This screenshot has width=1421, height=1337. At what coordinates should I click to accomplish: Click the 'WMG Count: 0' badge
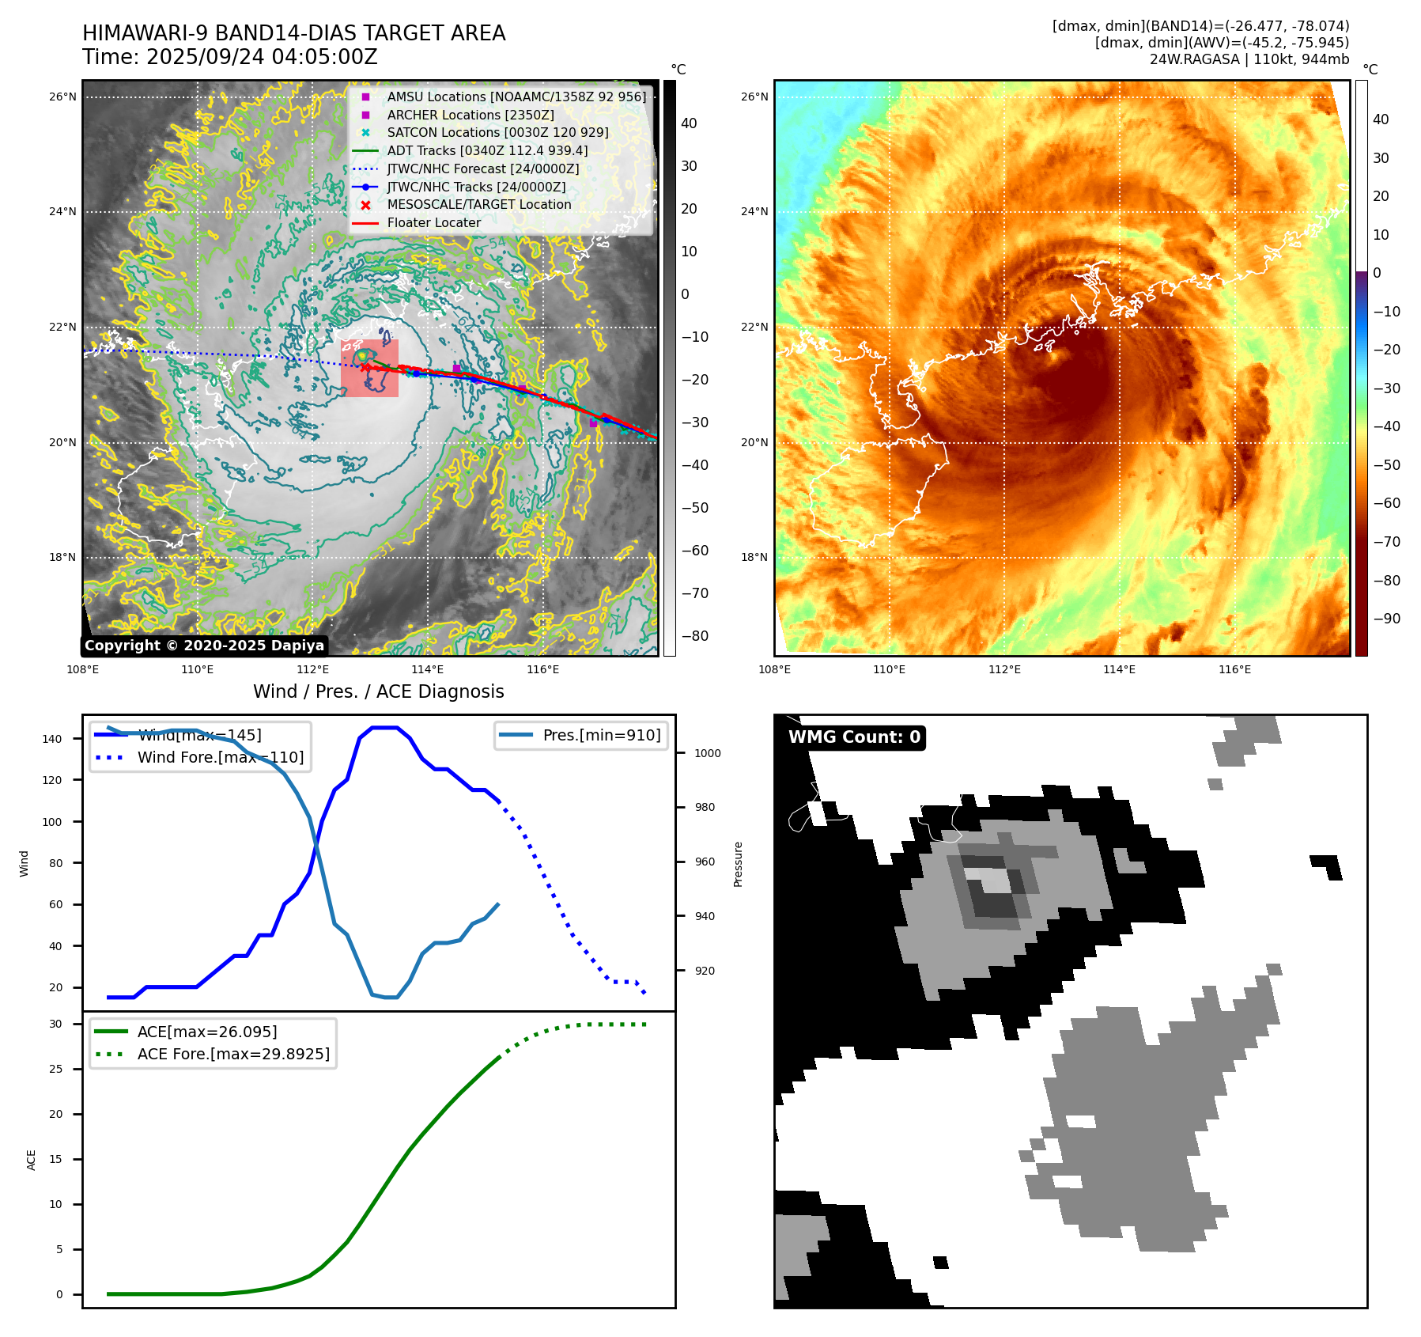click(x=854, y=737)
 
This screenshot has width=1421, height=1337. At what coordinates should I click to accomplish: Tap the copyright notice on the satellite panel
click(x=204, y=646)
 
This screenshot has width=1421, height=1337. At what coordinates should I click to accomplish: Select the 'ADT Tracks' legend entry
click(x=486, y=150)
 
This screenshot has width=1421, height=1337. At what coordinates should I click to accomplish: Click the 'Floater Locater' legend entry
click(x=433, y=222)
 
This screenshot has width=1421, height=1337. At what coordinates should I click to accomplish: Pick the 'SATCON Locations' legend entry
click(x=497, y=132)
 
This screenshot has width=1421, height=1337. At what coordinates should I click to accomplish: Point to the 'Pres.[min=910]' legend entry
click(x=601, y=735)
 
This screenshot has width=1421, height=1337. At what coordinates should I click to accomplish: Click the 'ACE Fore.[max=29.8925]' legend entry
click(x=233, y=1054)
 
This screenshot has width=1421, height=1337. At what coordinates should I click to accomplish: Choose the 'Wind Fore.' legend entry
click(x=220, y=757)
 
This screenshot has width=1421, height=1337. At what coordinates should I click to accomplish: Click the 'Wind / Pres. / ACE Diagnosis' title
click(x=378, y=691)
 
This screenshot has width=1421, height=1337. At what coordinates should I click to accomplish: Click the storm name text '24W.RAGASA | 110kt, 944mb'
click(x=1249, y=59)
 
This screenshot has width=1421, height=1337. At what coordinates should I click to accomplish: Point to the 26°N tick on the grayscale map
click(x=62, y=97)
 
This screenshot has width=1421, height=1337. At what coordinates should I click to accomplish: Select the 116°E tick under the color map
click(x=1234, y=669)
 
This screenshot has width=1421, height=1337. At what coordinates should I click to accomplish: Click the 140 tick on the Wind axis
click(x=52, y=739)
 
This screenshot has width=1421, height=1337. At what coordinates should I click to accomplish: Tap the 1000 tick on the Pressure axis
click(x=707, y=753)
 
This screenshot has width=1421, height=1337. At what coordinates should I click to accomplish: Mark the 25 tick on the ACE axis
click(x=55, y=1069)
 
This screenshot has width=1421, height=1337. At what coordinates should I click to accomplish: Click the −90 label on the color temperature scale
click(x=1386, y=619)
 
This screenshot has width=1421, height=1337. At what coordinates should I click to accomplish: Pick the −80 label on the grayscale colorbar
click(x=694, y=636)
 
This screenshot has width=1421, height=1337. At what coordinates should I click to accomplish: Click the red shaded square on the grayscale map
click(x=369, y=368)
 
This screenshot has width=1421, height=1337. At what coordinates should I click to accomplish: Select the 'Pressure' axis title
click(x=738, y=864)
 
